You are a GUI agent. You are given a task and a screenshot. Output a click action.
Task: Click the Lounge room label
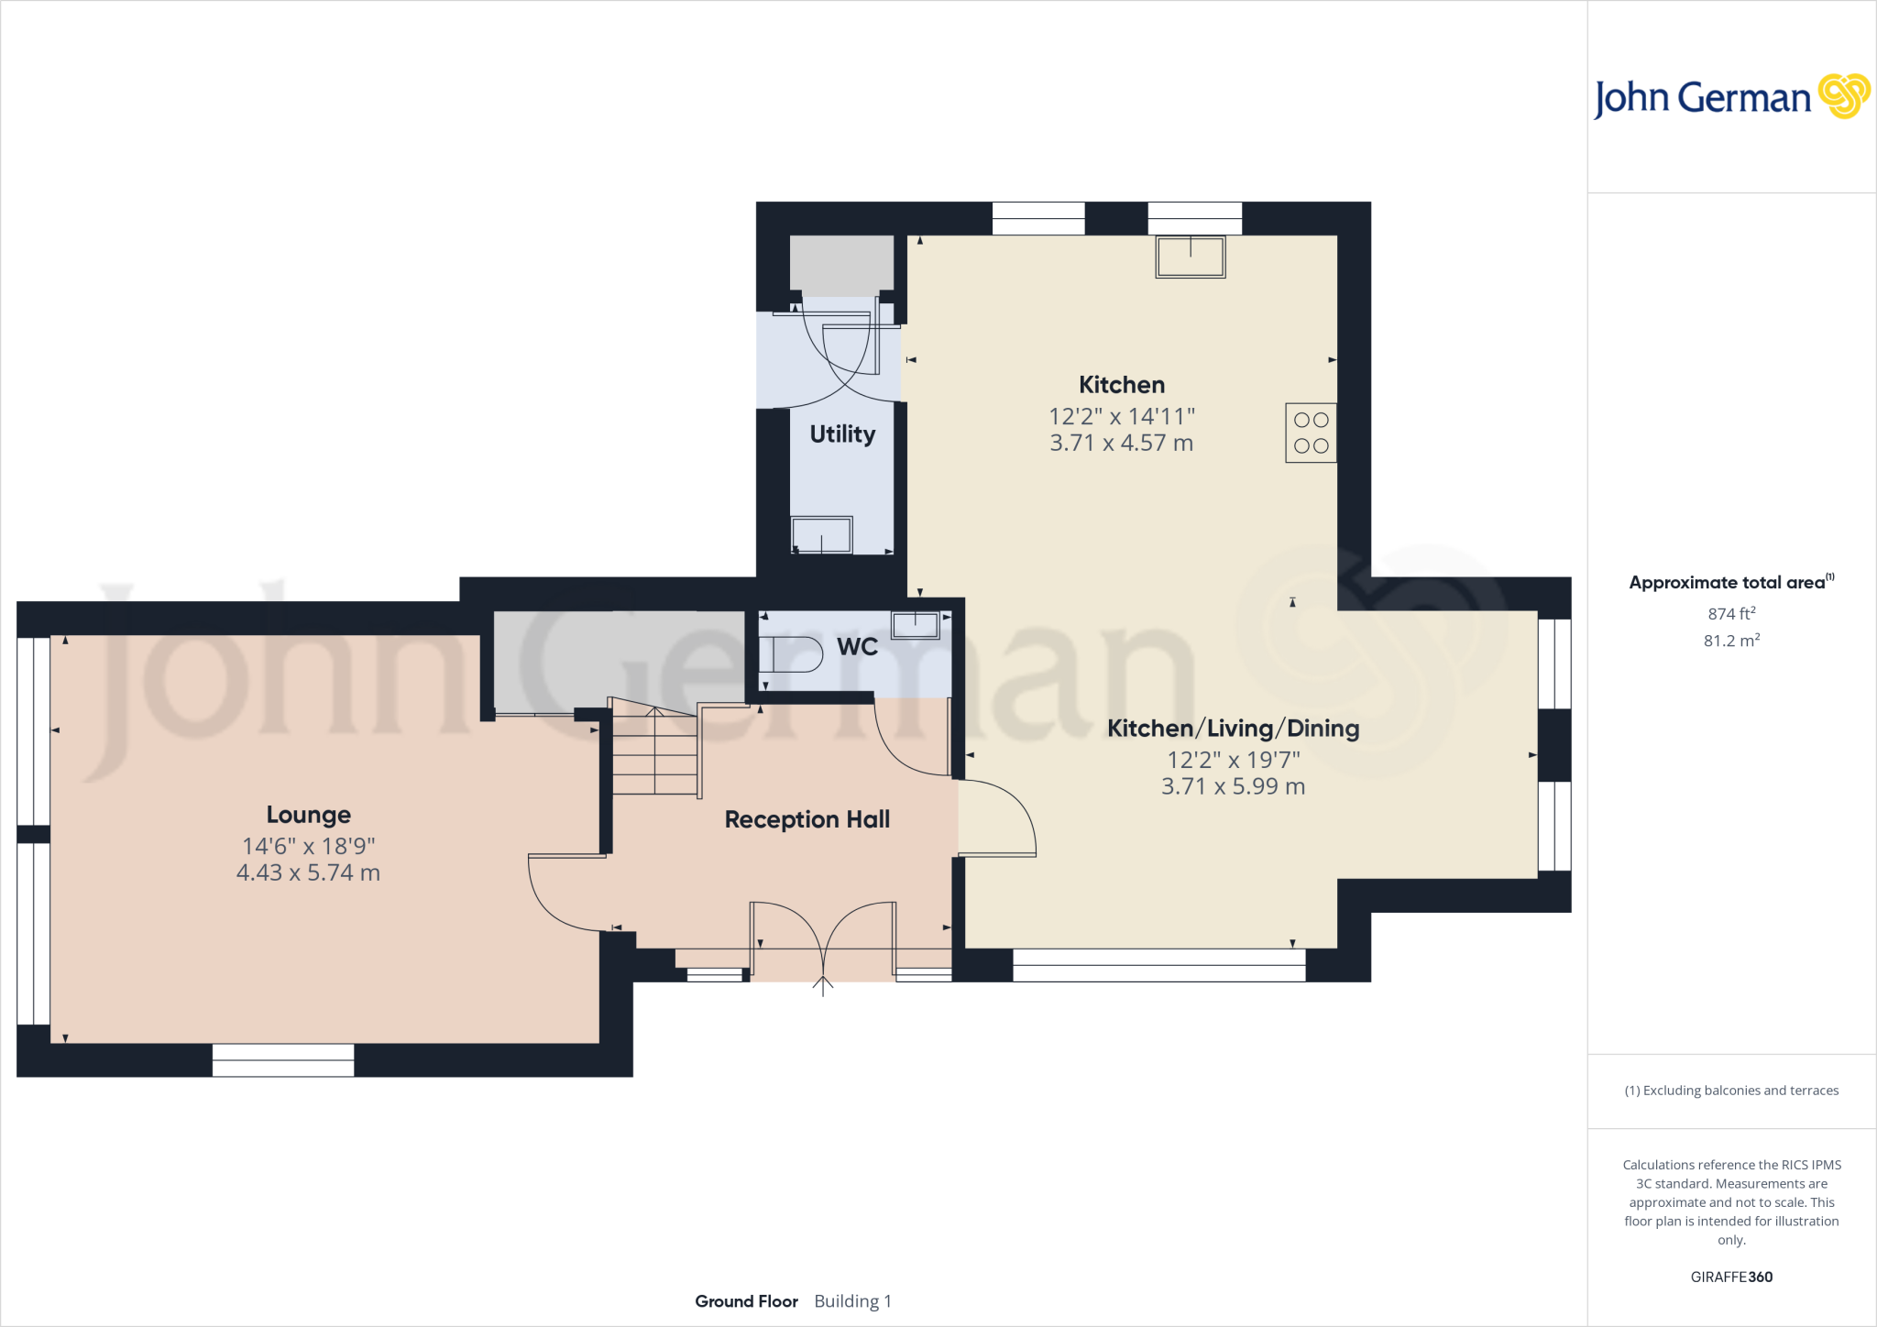tap(308, 815)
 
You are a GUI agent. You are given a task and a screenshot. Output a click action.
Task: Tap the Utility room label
tap(842, 434)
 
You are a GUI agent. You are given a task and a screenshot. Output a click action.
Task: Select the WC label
tap(857, 647)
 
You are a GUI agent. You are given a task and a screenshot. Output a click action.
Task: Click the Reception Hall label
tap(807, 819)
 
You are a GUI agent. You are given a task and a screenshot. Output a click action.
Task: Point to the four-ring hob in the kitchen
tap(1311, 433)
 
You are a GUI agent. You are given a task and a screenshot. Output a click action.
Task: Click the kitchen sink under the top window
tap(1191, 257)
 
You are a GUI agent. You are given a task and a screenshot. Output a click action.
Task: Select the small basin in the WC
tap(915, 625)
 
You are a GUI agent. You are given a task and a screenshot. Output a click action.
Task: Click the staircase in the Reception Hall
tap(654, 751)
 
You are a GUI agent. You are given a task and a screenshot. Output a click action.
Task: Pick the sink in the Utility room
tap(822, 535)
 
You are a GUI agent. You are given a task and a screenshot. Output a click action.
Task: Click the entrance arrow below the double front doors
tap(823, 986)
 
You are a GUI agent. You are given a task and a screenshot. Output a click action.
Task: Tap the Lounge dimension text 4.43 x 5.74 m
tap(308, 872)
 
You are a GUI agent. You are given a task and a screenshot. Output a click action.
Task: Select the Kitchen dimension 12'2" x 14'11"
tap(1122, 417)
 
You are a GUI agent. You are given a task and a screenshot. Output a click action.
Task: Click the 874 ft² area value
tap(1731, 614)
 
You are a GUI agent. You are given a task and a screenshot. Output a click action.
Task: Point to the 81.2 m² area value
tap(1731, 641)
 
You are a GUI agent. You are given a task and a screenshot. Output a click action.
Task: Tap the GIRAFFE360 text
tap(1731, 1277)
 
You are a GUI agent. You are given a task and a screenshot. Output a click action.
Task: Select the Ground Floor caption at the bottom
tap(746, 1301)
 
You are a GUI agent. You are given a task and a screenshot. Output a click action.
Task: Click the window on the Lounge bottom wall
tap(283, 1060)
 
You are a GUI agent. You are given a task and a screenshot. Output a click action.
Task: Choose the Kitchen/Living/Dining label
tap(1233, 729)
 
